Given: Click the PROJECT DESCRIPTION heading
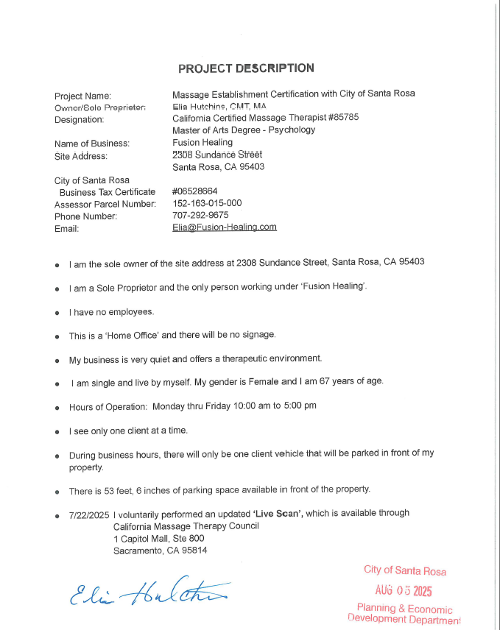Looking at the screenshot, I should pos(246,68).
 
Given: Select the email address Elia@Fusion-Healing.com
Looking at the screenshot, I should pos(224,227).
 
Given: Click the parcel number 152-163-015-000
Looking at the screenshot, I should pos(207,203).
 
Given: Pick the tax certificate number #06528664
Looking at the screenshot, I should pos(195,191).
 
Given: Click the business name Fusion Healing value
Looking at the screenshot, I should pos(203,143).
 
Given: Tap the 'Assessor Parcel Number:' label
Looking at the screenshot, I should pos(105,204).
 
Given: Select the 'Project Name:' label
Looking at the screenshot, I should pos(83,96).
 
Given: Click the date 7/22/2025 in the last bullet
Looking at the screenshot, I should pos(88,513).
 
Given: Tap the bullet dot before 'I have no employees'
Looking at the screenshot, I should pos(57,313).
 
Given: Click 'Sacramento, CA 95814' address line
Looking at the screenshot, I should pos(160,550).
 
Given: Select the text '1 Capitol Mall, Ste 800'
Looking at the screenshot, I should pos(158,538).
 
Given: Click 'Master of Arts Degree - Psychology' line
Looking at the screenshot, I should pos(244,130).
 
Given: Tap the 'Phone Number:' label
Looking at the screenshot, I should pos(86,216).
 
